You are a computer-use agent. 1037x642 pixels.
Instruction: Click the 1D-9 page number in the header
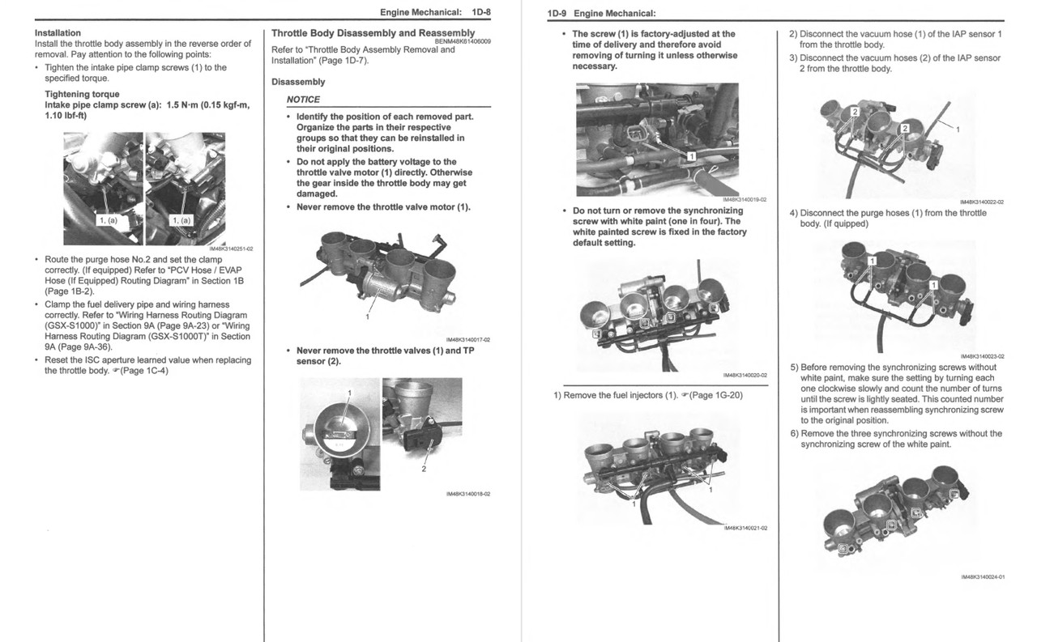[557, 13]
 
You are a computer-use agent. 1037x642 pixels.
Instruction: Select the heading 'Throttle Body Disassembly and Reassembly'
[373, 33]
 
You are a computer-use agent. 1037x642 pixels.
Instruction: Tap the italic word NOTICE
[303, 100]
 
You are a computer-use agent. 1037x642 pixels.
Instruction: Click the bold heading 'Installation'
[58, 33]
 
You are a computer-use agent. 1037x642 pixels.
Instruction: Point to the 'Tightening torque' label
[82, 95]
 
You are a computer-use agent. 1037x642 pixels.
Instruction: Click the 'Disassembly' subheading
[298, 82]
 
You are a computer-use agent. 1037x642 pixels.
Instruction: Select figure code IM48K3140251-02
[231, 249]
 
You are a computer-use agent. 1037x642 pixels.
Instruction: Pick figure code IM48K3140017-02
[467, 340]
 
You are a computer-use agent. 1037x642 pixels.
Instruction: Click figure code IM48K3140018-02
[467, 494]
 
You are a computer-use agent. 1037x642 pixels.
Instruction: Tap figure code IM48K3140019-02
[744, 200]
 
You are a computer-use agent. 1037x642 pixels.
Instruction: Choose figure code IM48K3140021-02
[745, 528]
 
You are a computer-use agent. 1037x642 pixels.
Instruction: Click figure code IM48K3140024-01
[982, 577]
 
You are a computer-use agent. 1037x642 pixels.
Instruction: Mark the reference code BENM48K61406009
[462, 41]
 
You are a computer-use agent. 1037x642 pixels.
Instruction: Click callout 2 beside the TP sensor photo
[423, 469]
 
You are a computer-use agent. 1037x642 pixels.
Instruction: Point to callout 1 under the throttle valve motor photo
[367, 317]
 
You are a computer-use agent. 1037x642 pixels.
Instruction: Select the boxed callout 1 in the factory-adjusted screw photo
[691, 155]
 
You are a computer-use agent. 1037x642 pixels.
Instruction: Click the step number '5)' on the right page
[794, 368]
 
